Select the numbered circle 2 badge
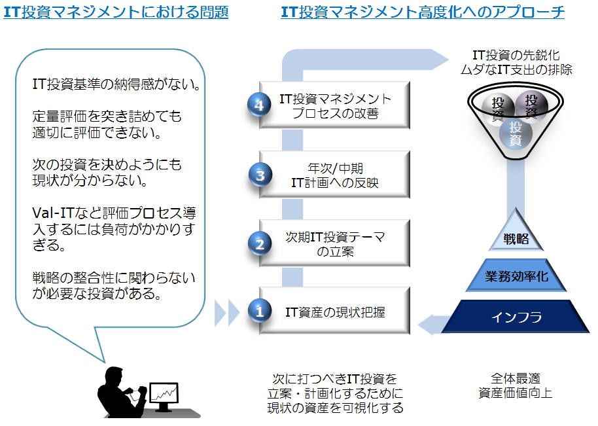click(260, 244)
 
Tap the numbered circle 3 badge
click(260, 175)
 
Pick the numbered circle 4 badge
click(260, 105)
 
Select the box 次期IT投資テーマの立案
click(335, 243)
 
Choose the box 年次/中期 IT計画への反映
click(335, 175)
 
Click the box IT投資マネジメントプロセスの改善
click(335, 105)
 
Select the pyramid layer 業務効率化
click(517, 277)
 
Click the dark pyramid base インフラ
click(517, 318)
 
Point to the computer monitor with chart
click(163, 394)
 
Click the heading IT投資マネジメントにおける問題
click(116, 12)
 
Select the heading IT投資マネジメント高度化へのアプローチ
click(423, 12)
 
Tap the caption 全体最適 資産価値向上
click(516, 385)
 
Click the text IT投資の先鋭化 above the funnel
click(516, 55)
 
